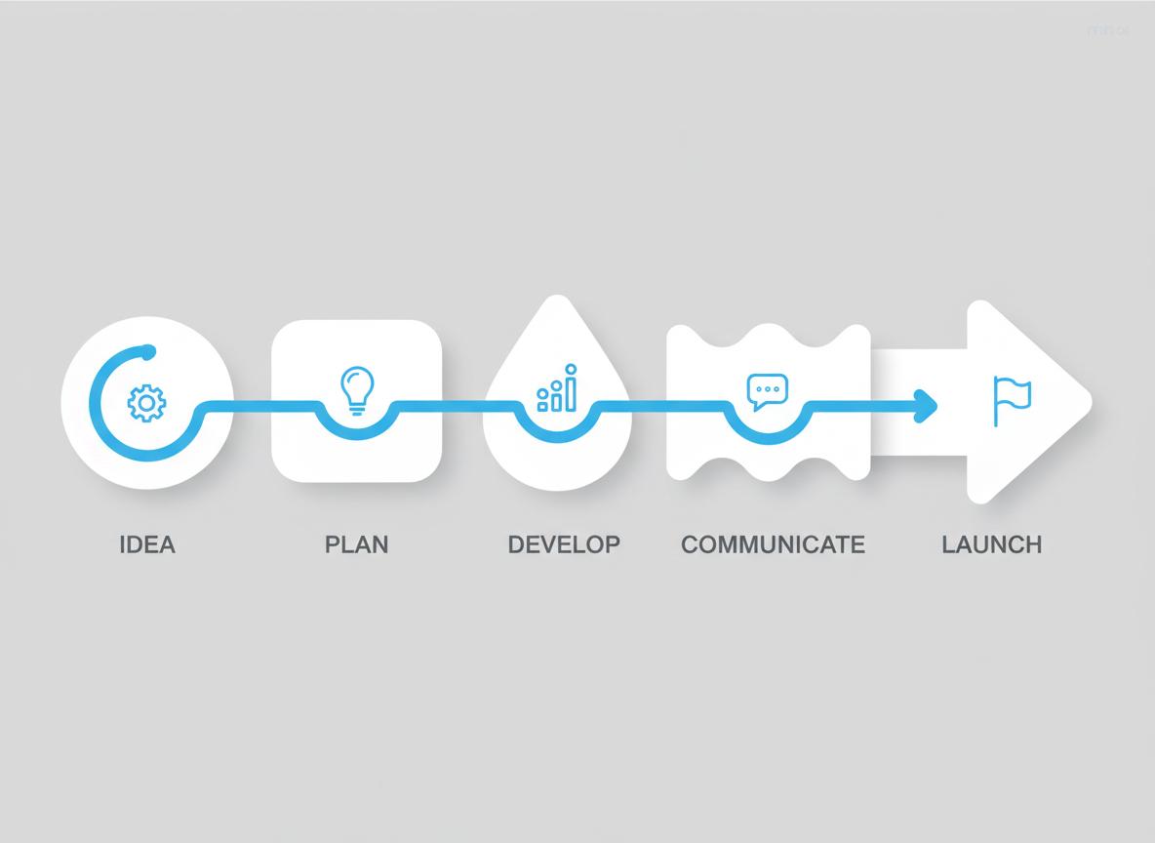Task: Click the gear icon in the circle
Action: click(147, 402)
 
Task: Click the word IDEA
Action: click(147, 543)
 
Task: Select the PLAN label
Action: click(356, 543)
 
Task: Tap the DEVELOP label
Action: click(564, 543)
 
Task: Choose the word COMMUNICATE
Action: click(773, 543)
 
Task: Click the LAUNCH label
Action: click(991, 543)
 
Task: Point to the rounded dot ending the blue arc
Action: click(148, 350)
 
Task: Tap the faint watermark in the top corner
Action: click(1106, 30)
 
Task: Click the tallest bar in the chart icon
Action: click(572, 388)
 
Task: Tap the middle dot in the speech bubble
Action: click(766, 388)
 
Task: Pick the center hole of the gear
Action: click(147, 402)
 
